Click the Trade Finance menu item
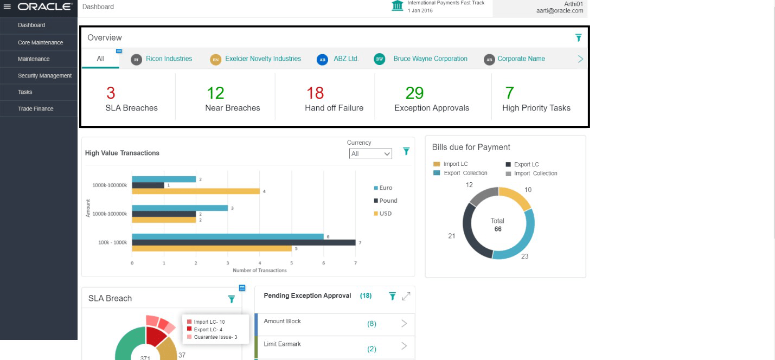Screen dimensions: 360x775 [35, 109]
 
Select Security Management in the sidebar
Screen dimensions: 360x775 [44, 76]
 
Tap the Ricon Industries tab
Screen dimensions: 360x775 [169, 59]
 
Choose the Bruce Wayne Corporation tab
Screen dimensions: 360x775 [430, 59]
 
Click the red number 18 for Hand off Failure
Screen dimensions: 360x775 [315, 93]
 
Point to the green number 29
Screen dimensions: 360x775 [414, 93]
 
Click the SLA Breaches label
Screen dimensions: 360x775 [131, 108]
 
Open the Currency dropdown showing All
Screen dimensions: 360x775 [370, 154]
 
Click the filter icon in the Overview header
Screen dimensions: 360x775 [578, 38]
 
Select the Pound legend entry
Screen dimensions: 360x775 [388, 201]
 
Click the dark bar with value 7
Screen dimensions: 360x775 [244, 242]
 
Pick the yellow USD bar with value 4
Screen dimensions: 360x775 [196, 191]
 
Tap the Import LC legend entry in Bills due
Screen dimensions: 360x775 [455, 164]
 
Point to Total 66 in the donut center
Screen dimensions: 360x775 [497, 225]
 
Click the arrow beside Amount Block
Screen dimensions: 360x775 [404, 324]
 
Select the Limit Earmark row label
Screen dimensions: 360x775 [282, 344]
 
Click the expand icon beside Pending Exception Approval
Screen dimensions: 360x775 [406, 296]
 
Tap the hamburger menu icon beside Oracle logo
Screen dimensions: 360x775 [7, 7]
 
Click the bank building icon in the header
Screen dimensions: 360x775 [398, 6]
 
